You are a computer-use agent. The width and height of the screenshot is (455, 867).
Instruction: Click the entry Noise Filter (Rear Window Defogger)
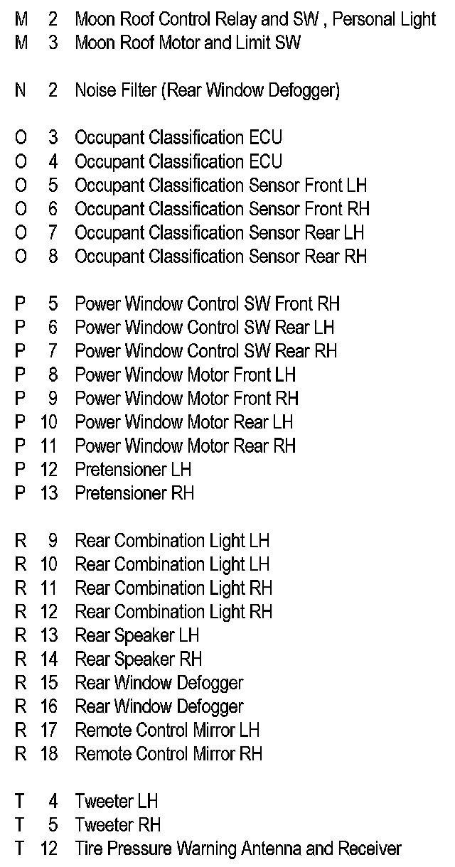tap(207, 90)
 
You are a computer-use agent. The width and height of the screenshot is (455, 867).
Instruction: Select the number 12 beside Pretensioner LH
tap(49, 470)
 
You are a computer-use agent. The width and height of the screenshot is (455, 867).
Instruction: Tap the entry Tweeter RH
tap(118, 824)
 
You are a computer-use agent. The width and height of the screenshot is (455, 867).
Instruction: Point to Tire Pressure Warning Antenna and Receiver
tap(238, 849)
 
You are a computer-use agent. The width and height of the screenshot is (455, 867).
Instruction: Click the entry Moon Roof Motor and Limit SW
tap(188, 43)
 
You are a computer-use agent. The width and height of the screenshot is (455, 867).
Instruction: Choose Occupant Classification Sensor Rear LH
tap(220, 232)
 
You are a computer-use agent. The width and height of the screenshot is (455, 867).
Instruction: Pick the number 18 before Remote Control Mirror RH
tap(49, 754)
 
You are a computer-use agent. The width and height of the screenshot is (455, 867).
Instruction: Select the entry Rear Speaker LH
tap(137, 635)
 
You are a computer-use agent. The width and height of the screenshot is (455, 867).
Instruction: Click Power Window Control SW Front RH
tap(208, 304)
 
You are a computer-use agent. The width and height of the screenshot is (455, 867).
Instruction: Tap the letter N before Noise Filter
tap(21, 90)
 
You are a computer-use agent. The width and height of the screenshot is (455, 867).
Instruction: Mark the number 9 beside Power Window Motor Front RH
tap(53, 399)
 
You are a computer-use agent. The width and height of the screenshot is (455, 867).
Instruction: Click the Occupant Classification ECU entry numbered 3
tap(178, 138)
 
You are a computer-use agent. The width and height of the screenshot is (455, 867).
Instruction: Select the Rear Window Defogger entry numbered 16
tap(159, 706)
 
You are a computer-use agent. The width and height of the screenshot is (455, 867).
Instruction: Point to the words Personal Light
tap(384, 19)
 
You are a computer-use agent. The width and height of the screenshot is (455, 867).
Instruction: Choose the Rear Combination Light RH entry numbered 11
tap(173, 588)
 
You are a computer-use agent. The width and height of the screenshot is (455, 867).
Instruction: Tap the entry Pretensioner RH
tap(134, 493)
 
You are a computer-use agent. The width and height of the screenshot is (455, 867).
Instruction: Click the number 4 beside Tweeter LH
tap(53, 801)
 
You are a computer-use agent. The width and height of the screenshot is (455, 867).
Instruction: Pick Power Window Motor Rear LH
tap(184, 422)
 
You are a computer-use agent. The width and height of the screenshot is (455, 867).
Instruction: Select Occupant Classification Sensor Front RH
tap(223, 209)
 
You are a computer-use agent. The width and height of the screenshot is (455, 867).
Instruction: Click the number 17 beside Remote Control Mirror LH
tap(49, 730)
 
